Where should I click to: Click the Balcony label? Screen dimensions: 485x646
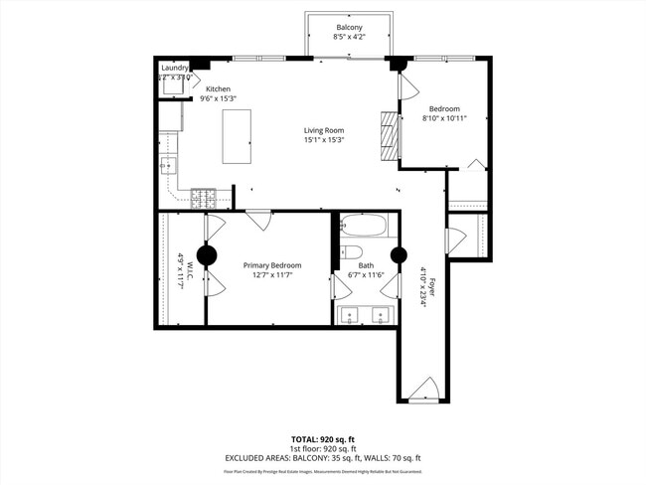348,27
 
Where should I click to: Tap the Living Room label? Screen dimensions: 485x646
324,130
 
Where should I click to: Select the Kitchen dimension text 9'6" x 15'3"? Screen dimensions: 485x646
219,98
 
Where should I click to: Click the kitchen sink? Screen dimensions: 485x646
168,165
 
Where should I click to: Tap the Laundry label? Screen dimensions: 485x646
174,67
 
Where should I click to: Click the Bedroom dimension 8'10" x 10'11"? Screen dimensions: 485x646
444,118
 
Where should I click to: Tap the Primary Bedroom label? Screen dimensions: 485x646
272,265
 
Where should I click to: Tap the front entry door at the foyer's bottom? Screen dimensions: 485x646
424,389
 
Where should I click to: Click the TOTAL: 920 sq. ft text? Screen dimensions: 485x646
323,438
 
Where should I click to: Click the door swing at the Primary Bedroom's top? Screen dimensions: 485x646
259,220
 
